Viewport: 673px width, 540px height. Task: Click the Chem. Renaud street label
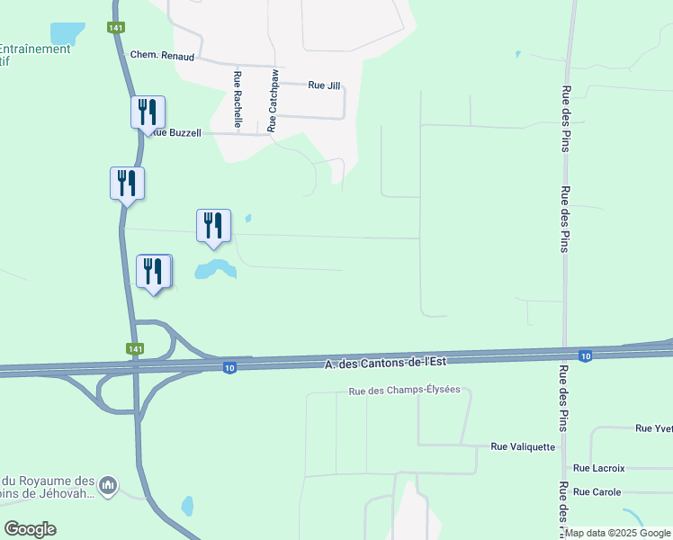click(x=162, y=55)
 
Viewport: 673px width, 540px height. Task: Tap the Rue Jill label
click(x=324, y=85)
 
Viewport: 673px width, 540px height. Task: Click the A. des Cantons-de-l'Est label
click(x=385, y=362)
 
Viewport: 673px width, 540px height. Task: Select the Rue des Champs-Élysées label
click(x=404, y=391)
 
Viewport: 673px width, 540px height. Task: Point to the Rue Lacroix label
click(x=598, y=468)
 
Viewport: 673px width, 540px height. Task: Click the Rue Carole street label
click(x=597, y=492)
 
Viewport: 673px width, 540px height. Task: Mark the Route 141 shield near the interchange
click(x=135, y=348)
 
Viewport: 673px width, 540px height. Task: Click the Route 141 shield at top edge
click(x=116, y=28)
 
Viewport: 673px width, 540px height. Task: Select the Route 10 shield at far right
click(x=585, y=355)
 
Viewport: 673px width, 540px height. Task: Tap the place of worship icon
click(x=108, y=487)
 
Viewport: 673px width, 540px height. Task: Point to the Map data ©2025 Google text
click(x=617, y=533)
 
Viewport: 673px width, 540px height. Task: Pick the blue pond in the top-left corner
click(x=66, y=32)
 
